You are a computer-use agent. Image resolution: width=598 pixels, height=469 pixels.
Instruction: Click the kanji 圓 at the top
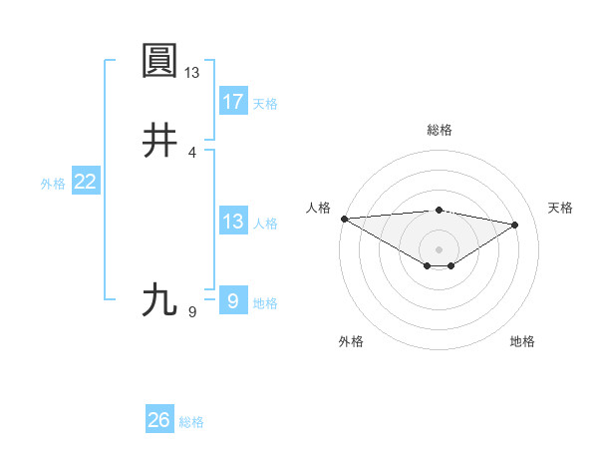(160, 62)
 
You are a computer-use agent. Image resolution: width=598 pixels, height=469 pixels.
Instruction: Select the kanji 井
(160, 141)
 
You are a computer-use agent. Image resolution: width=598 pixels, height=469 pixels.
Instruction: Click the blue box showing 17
(233, 101)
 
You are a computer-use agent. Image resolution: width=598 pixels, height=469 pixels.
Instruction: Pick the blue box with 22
(86, 182)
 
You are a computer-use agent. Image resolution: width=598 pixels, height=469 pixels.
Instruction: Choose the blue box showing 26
(159, 420)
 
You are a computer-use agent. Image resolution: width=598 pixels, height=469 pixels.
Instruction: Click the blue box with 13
(233, 222)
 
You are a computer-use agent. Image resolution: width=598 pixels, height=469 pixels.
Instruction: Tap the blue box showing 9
(233, 300)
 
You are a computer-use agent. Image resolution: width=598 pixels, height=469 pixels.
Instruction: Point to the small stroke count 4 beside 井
(192, 152)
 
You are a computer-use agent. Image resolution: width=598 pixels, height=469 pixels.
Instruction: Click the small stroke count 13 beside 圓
(192, 73)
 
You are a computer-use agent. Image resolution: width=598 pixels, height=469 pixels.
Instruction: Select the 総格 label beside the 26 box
(192, 422)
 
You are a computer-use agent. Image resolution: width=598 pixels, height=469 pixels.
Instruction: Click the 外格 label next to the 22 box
(53, 184)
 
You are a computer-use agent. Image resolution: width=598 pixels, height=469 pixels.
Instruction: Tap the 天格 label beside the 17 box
(265, 104)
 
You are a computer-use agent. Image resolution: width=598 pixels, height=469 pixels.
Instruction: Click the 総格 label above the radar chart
(440, 130)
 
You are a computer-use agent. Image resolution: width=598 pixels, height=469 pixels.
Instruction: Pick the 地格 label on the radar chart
(522, 341)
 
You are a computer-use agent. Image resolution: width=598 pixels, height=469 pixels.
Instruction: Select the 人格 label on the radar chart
(318, 208)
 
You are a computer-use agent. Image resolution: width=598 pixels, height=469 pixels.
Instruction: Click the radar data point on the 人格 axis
(344, 219)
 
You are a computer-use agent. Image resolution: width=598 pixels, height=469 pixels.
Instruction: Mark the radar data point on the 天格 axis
(515, 225)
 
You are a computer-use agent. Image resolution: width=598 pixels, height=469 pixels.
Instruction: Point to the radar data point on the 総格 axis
(439, 210)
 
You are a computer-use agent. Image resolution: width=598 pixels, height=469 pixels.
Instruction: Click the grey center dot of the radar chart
(439, 248)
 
